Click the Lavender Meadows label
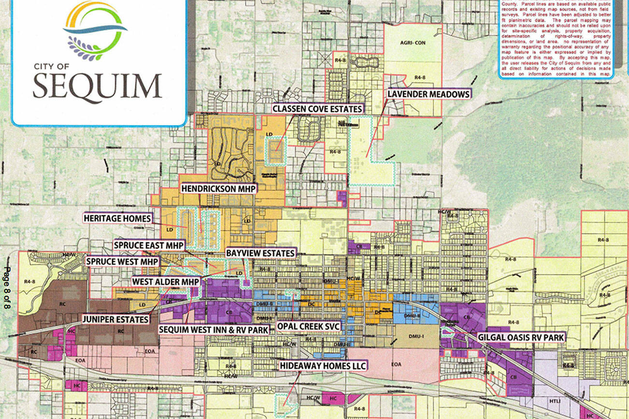(429, 94)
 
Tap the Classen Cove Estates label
(317, 109)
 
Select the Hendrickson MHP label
(218, 188)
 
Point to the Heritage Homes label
(118, 219)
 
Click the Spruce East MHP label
(149, 245)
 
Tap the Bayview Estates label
(260, 253)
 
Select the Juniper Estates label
(115, 319)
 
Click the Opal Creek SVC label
(309, 326)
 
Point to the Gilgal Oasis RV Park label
(520, 337)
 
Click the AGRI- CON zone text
(413, 42)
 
